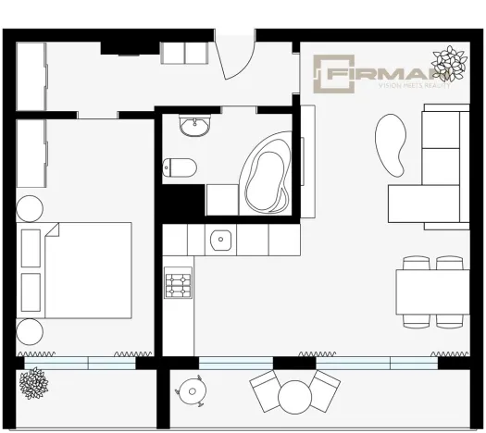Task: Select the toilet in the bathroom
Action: click(x=180, y=167)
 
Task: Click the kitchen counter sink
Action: click(x=220, y=241)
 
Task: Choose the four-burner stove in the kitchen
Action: click(x=178, y=284)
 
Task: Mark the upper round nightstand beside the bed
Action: click(x=30, y=208)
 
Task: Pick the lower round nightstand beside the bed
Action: click(x=30, y=331)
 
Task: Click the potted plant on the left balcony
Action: click(x=35, y=381)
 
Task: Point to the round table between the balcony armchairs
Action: click(x=294, y=396)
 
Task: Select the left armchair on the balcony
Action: click(x=264, y=390)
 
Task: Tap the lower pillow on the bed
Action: click(x=31, y=291)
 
